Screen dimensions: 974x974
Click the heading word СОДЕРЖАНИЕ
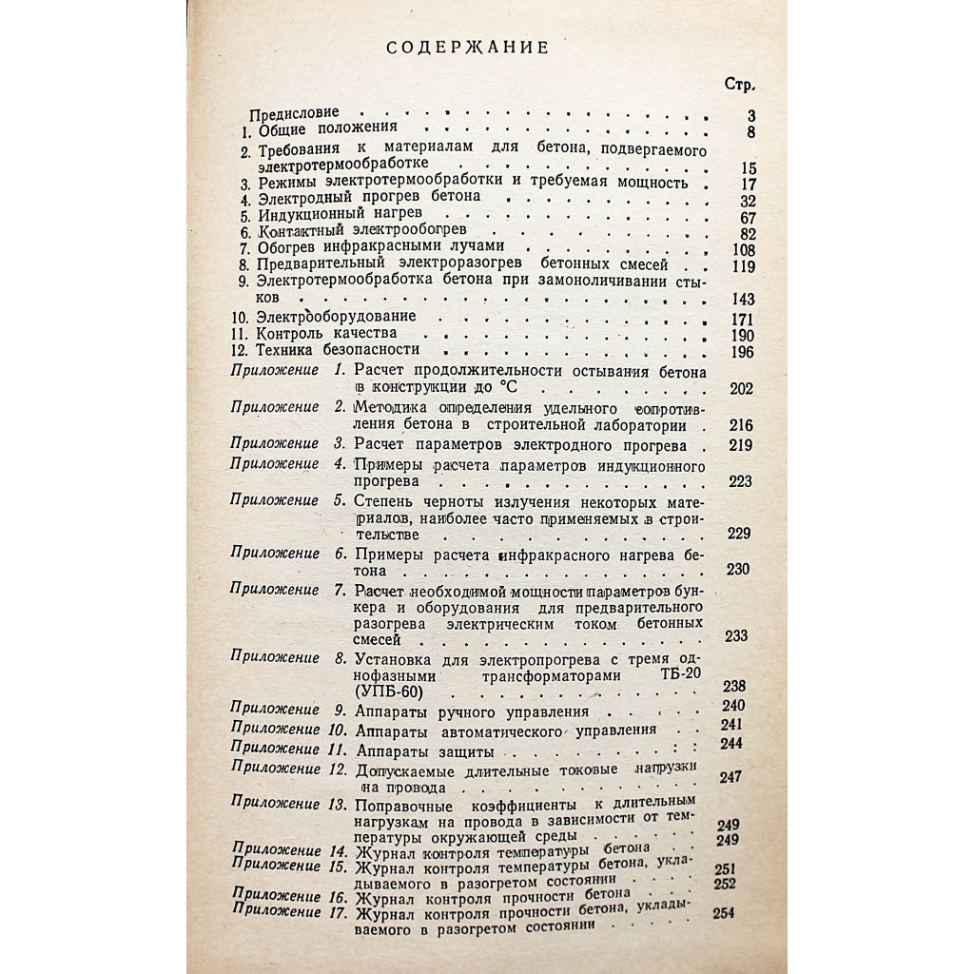tap(467, 48)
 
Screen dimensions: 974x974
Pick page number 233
tap(737, 636)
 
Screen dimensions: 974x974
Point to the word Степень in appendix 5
tap(383, 499)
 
